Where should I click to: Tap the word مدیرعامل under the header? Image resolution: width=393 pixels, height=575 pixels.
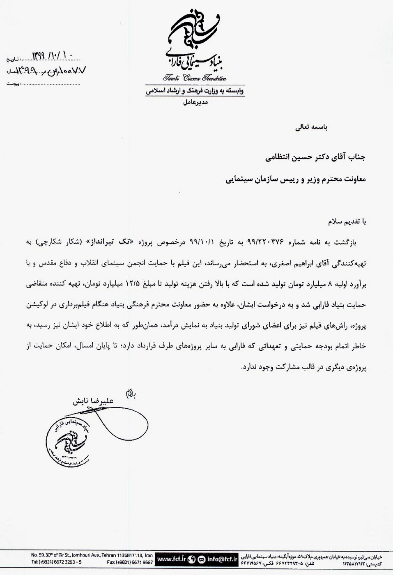pyautogui.click(x=195, y=102)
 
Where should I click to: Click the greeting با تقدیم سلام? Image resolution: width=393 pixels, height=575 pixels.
pyautogui.click(x=346, y=222)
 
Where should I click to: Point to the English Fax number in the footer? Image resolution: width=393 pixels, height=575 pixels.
pyautogui.click(x=130, y=562)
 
